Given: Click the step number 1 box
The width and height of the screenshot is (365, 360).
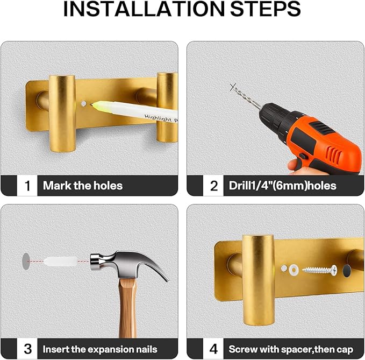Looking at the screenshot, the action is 27,186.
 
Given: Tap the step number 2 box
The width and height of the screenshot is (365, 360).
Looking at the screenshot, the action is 213,186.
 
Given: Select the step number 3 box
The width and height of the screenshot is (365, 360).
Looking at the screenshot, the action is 27,349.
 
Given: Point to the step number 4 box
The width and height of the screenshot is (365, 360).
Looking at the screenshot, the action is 213,349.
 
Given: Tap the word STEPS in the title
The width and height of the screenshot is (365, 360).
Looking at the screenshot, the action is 266,9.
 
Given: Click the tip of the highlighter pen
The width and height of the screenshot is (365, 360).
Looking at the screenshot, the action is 91,104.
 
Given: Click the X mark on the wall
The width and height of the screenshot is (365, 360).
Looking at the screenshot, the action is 233,87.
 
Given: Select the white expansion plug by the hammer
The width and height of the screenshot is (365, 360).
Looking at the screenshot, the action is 60,262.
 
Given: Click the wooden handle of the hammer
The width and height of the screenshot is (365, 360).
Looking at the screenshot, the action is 127,308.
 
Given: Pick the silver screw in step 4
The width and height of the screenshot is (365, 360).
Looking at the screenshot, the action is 320,270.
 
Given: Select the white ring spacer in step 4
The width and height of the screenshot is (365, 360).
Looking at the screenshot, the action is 294,270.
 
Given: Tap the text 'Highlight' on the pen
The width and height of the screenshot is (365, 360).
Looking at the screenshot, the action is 158,118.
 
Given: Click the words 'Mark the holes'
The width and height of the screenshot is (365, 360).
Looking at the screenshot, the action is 83,186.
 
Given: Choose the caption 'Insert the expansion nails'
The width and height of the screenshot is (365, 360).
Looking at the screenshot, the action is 100,349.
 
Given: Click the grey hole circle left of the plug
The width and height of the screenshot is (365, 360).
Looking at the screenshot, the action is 26,262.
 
